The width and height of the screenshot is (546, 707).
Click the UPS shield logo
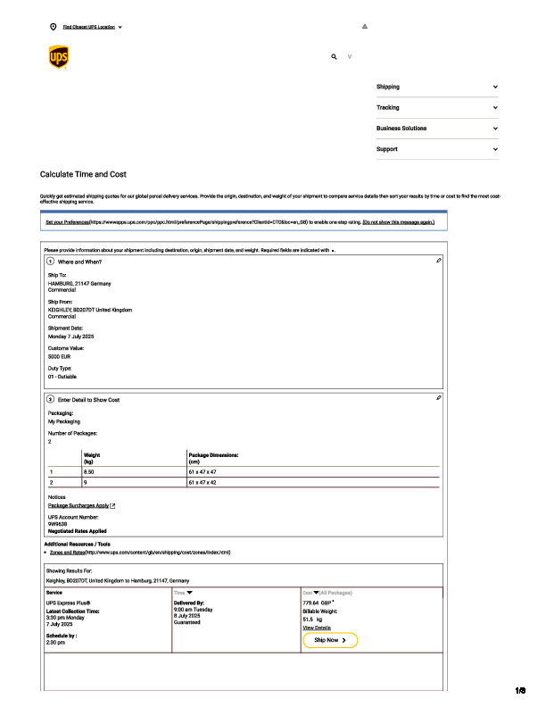pos(57,57)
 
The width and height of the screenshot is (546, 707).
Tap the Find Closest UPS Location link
pos(88,27)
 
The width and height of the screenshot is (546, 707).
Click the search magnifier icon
pos(334,56)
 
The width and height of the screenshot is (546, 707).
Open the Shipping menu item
pos(388,87)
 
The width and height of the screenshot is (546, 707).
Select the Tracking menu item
pos(388,107)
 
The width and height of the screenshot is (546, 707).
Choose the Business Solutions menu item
pos(401,129)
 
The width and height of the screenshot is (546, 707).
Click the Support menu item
pos(387,149)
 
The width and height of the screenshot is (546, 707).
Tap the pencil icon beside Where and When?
pos(439,261)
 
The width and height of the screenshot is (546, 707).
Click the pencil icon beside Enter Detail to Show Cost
pos(439,397)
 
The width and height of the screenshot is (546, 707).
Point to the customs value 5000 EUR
pos(60,356)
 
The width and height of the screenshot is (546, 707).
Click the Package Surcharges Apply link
pos(79,505)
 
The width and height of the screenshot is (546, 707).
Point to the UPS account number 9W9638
pos(58,524)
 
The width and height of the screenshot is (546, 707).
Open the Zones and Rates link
pos(67,553)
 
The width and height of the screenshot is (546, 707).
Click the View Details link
pos(317,628)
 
